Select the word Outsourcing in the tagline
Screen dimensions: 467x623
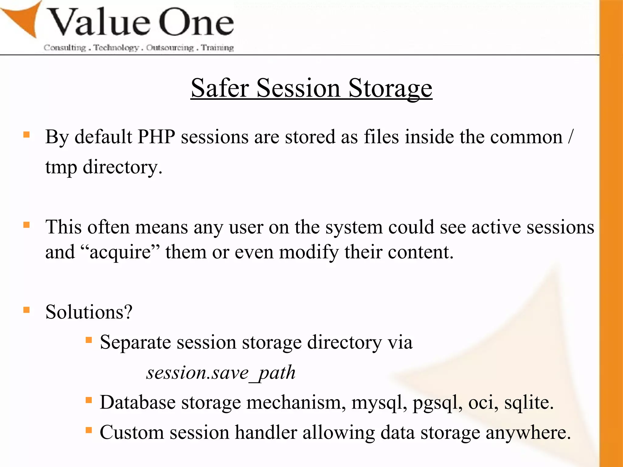tap(170, 48)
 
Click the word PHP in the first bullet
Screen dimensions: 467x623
tap(156, 137)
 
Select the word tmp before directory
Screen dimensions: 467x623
tap(61, 167)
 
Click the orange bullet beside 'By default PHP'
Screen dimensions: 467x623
tap(26, 135)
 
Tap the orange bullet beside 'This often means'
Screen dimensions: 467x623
tap(26, 225)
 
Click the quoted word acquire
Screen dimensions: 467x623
tap(120, 252)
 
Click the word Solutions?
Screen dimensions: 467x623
tap(89, 312)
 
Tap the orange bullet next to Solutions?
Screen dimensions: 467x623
tap(26, 310)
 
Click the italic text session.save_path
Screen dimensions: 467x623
tap(221, 373)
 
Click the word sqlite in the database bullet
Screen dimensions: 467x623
tap(528, 403)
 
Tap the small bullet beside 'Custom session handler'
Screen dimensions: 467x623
tap(89, 430)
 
